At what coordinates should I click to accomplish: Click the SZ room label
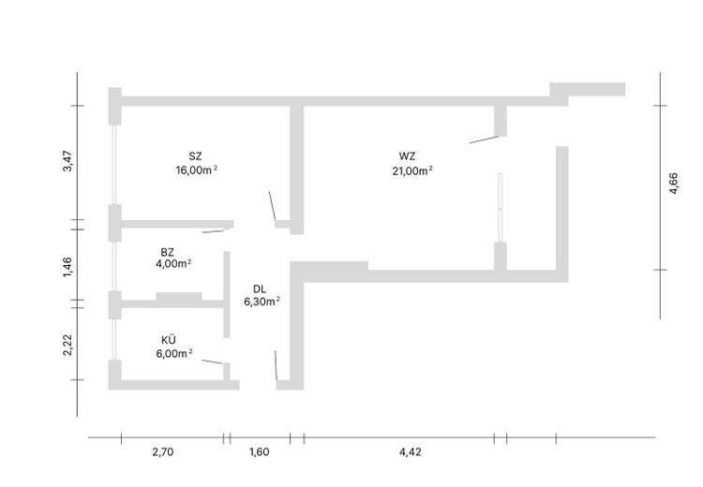195,156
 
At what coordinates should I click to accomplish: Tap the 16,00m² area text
197,170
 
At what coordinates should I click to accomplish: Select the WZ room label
407,156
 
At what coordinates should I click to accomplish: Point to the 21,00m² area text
412,170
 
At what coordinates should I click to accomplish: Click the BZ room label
167,252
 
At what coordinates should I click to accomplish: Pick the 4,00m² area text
173,263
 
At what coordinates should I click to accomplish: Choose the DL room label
259,289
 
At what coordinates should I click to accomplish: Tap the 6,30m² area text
262,302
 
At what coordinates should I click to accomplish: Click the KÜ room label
169,340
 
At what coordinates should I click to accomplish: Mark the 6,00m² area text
174,353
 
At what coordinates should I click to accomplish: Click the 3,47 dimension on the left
67,161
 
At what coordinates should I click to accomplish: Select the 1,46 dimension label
67,267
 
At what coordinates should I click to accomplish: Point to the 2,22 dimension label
67,345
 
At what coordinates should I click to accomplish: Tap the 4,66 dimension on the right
673,184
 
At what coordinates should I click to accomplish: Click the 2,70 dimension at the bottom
163,451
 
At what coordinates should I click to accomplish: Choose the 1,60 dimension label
259,451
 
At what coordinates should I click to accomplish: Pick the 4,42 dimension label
411,451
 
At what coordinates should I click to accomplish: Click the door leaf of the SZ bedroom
272,206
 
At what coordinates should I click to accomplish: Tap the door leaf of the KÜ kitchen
213,362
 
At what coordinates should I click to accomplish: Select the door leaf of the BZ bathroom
213,231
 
